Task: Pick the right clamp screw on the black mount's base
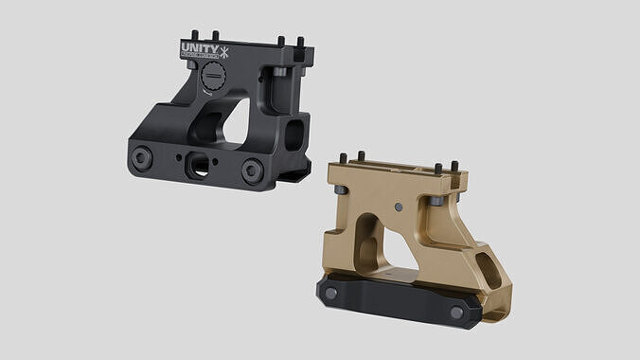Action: (251, 170)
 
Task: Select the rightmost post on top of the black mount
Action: (301, 45)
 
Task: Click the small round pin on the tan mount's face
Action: (399, 206)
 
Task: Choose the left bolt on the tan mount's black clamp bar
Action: (331, 293)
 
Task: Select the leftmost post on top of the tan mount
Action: (359, 156)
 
